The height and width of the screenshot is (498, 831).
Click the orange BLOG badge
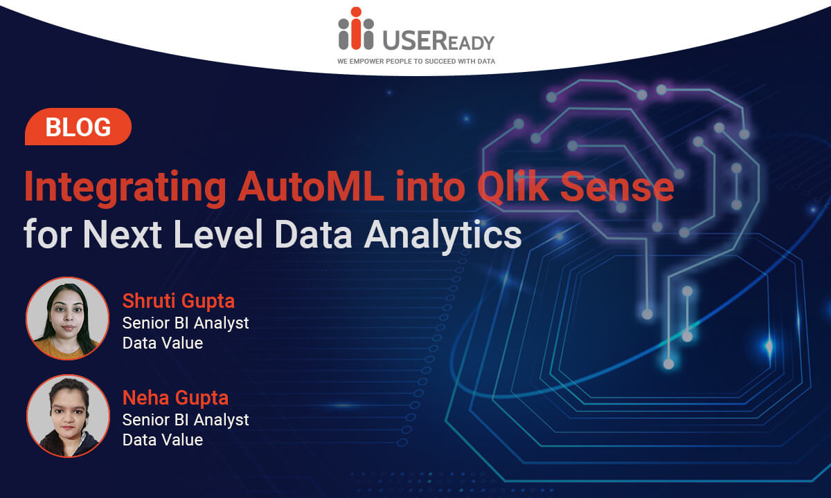[x=78, y=127]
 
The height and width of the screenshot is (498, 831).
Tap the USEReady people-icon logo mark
[x=356, y=28]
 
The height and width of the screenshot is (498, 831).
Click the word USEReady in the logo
[x=438, y=40]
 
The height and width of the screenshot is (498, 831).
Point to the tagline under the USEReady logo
[x=416, y=61]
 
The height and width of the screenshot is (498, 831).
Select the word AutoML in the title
[x=311, y=186]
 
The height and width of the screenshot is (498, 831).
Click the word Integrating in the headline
[x=125, y=188]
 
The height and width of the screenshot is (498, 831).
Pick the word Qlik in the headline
[x=513, y=187]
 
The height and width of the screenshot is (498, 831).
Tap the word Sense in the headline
[x=617, y=187]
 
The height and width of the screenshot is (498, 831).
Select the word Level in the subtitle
[x=218, y=234]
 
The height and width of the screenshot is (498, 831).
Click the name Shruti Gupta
[x=179, y=301]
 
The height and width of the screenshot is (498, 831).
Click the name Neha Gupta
[x=175, y=398]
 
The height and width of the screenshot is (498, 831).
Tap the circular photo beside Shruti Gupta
[x=68, y=318]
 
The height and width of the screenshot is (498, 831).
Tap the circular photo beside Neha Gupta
[x=68, y=416]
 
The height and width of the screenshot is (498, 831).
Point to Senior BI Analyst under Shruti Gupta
[x=186, y=323]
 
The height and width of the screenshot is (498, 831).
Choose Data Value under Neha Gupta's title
[x=163, y=440]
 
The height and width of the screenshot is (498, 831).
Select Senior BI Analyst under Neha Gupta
[x=186, y=421]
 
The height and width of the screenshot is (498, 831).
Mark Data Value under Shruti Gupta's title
[x=163, y=343]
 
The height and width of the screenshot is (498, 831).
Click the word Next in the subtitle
[x=123, y=234]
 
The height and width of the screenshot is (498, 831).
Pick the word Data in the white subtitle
[x=314, y=234]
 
